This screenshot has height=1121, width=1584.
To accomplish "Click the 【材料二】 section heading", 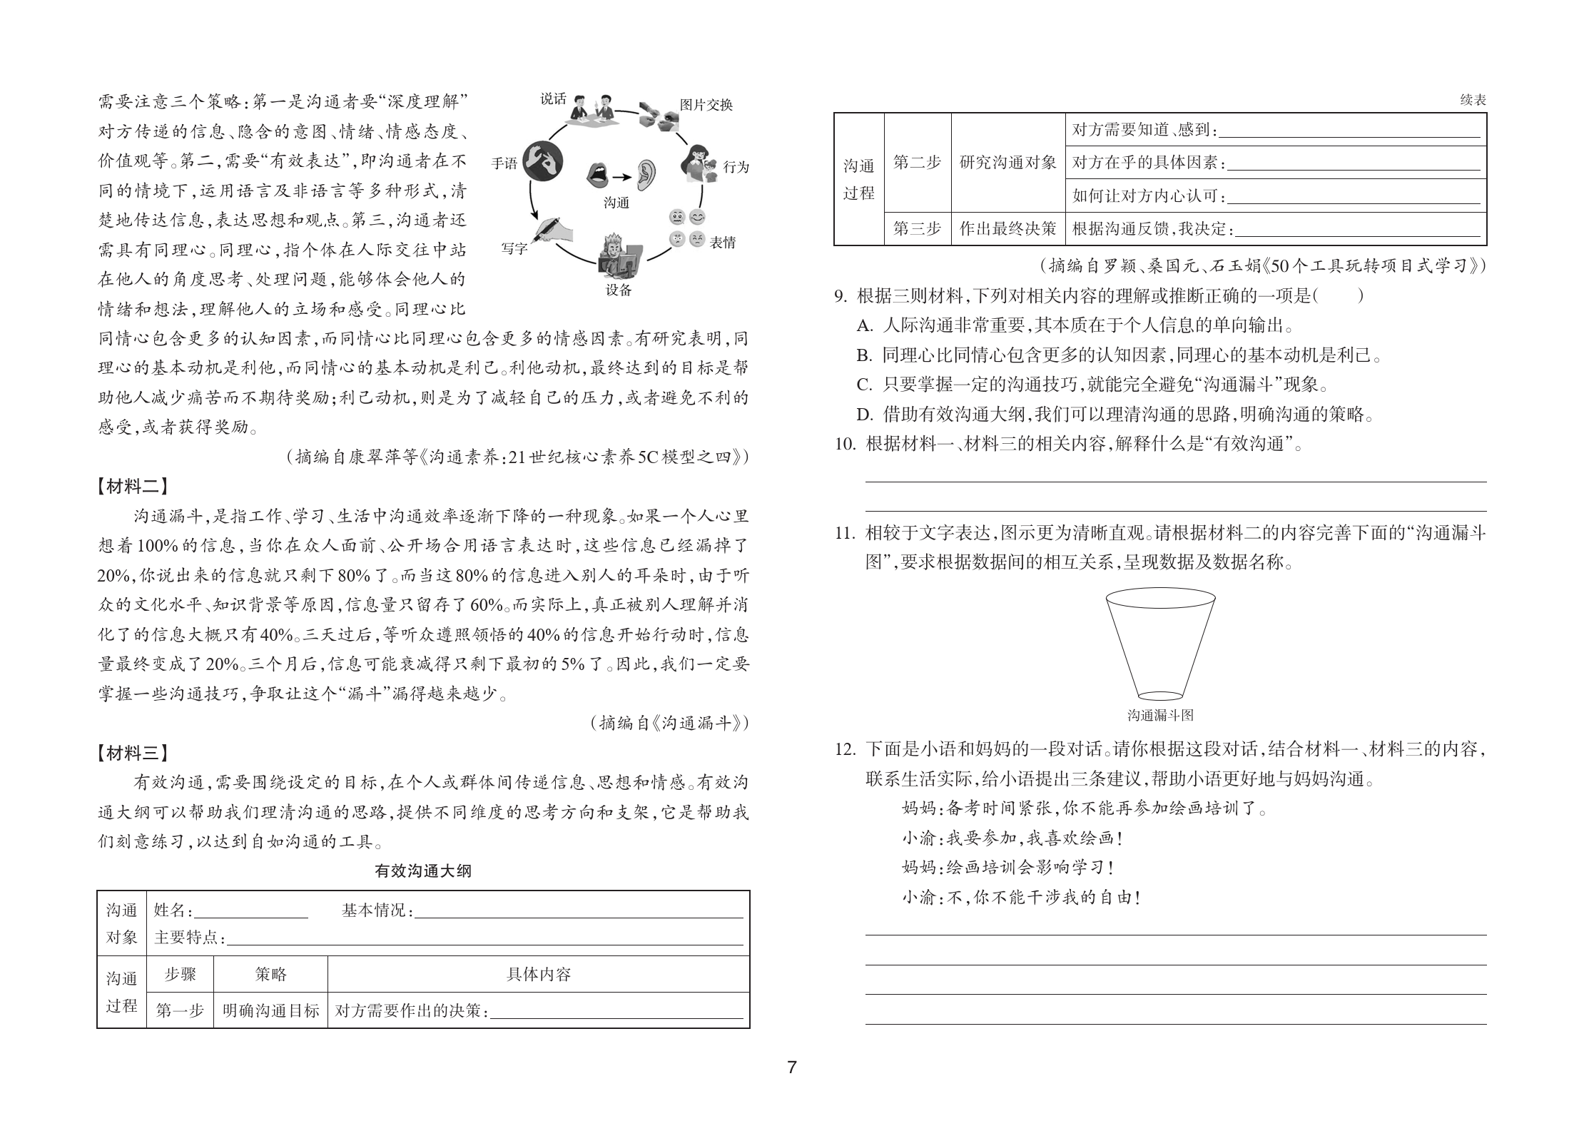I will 133,487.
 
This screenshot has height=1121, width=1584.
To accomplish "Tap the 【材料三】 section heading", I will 133,752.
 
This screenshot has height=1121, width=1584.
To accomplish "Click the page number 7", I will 791,1067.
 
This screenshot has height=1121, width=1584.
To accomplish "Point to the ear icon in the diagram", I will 646,174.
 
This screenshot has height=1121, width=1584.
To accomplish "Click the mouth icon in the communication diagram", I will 598,175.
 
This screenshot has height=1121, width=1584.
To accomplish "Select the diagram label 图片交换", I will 706,105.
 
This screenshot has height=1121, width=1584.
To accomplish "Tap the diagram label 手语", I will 504,163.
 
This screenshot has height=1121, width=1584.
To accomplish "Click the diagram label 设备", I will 619,290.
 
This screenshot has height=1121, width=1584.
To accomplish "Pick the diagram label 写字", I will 514,248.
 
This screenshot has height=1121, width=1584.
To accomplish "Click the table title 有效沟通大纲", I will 423,871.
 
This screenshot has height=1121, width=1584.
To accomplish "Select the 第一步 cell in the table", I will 180,1010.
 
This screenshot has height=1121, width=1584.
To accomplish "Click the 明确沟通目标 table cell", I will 270,1010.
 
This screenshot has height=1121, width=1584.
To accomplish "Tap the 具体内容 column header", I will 538,974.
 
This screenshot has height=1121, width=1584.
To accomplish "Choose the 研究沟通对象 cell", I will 1007,163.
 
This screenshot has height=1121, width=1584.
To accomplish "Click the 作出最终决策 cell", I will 1007,228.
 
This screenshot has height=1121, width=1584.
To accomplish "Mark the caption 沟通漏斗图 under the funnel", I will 1160,715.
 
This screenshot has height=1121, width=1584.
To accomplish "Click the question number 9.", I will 841,295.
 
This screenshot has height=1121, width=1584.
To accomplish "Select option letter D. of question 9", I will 865,415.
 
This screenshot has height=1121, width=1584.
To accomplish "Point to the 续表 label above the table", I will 1473,101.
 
